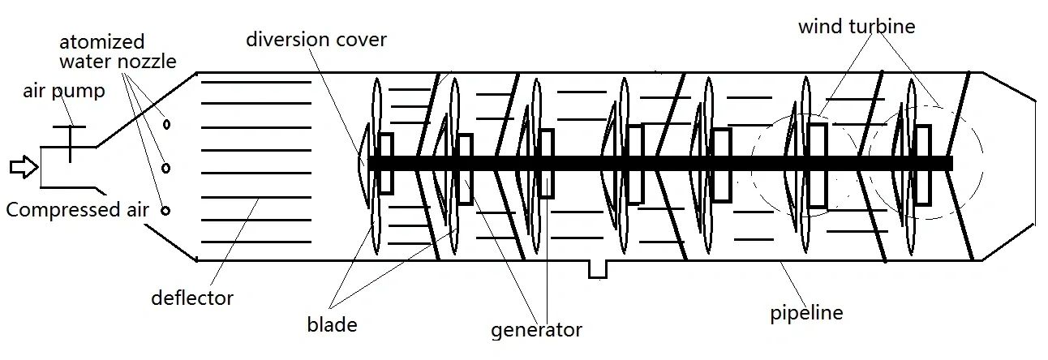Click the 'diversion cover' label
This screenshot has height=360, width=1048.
(316, 39)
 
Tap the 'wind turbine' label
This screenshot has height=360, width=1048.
(857, 27)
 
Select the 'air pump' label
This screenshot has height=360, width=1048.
(64, 91)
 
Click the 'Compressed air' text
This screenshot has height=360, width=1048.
(78, 210)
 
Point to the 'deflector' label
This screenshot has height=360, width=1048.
(192, 298)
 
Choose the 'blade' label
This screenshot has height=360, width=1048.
(332, 325)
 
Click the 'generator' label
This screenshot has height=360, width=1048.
(536, 330)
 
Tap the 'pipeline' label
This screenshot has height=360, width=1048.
(806, 312)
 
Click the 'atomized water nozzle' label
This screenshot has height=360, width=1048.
(118, 51)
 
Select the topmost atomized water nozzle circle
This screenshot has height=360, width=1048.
(166, 125)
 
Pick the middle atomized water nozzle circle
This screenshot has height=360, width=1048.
(165, 169)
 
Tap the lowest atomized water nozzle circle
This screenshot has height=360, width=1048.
(165, 211)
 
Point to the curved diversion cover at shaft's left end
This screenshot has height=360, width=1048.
(363, 162)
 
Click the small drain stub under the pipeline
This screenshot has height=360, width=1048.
(598, 268)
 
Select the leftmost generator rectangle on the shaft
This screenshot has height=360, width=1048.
(386, 163)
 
